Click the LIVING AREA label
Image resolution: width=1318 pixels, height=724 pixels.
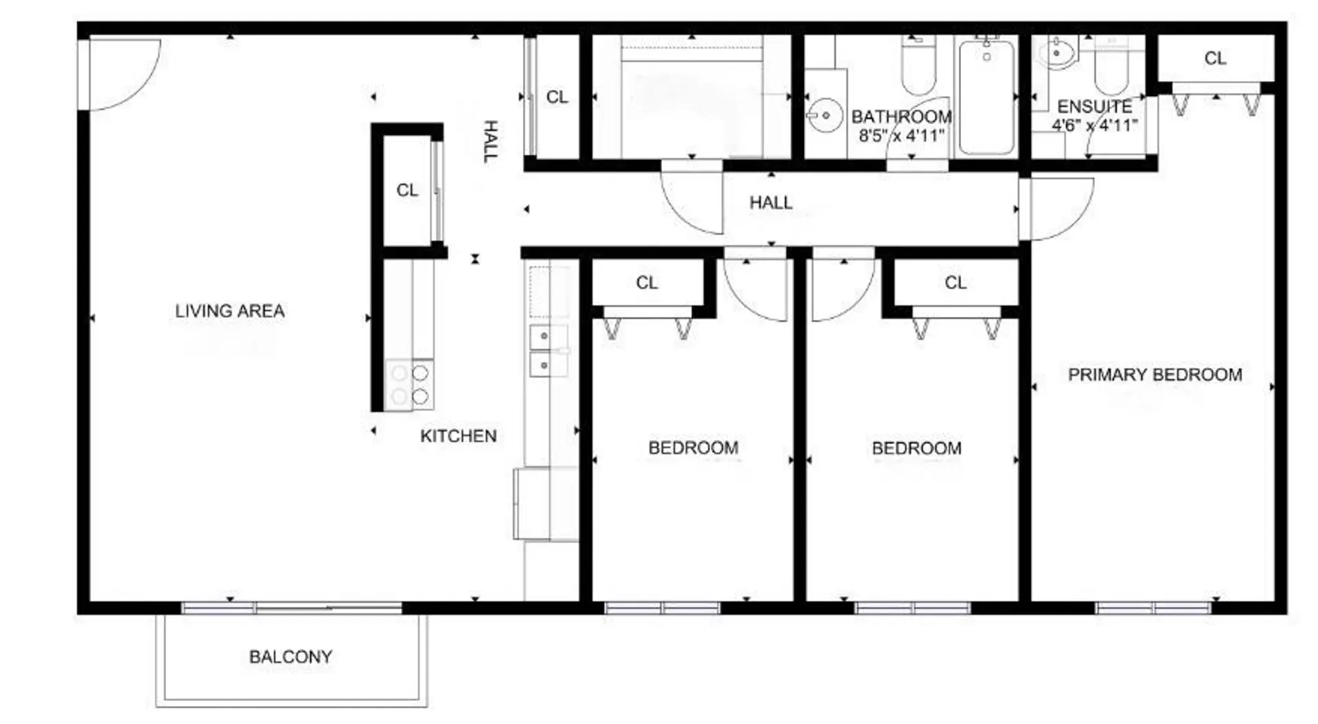[230, 311]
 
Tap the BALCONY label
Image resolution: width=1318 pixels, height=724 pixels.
[290, 657]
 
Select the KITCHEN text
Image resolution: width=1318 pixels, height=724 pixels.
[458, 436]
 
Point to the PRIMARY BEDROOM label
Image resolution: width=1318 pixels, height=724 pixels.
[1155, 375]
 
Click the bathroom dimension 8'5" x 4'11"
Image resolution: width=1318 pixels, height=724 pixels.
[901, 135]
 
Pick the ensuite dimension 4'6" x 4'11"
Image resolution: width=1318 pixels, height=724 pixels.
[1094, 126]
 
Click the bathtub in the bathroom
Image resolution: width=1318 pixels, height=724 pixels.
[986, 97]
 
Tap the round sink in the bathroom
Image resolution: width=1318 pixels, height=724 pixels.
[824, 115]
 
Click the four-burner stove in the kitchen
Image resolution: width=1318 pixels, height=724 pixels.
[410, 385]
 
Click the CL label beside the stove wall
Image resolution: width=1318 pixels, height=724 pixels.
[407, 190]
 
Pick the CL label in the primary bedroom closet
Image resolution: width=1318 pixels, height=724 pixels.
[1215, 58]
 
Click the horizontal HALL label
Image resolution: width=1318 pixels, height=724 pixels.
[770, 202]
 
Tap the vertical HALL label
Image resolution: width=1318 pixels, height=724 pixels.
[490, 141]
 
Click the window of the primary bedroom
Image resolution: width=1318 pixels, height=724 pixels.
[1153, 608]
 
